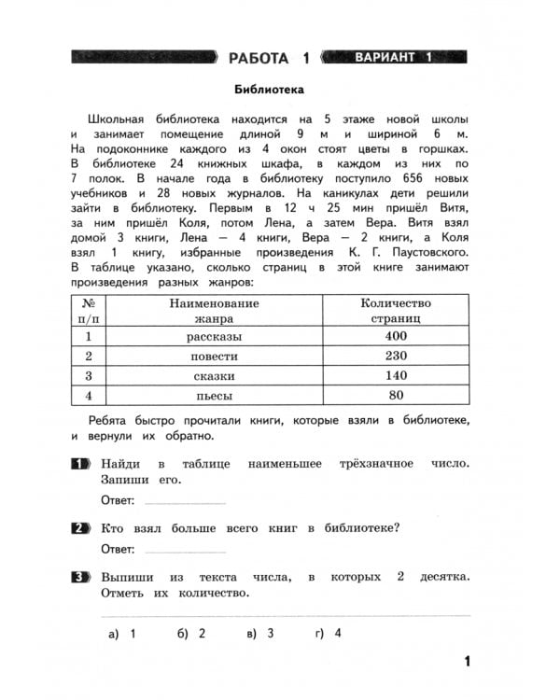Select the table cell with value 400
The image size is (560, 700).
click(396, 336)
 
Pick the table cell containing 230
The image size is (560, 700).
click(396, 356)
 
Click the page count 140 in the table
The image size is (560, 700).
click(396, 375)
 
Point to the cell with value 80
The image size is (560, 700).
click(396, 395)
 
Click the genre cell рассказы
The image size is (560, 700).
click(214, 336)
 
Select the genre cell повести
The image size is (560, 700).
click(214, 356)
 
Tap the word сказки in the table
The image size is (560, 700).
click(214, 375)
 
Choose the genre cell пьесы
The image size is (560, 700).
click(214, 395)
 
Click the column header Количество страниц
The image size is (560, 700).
click(396, 310)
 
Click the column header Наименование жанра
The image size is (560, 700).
click(214, 310)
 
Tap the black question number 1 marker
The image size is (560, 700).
click(79, 464)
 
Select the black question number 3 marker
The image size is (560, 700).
click(79, 577)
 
